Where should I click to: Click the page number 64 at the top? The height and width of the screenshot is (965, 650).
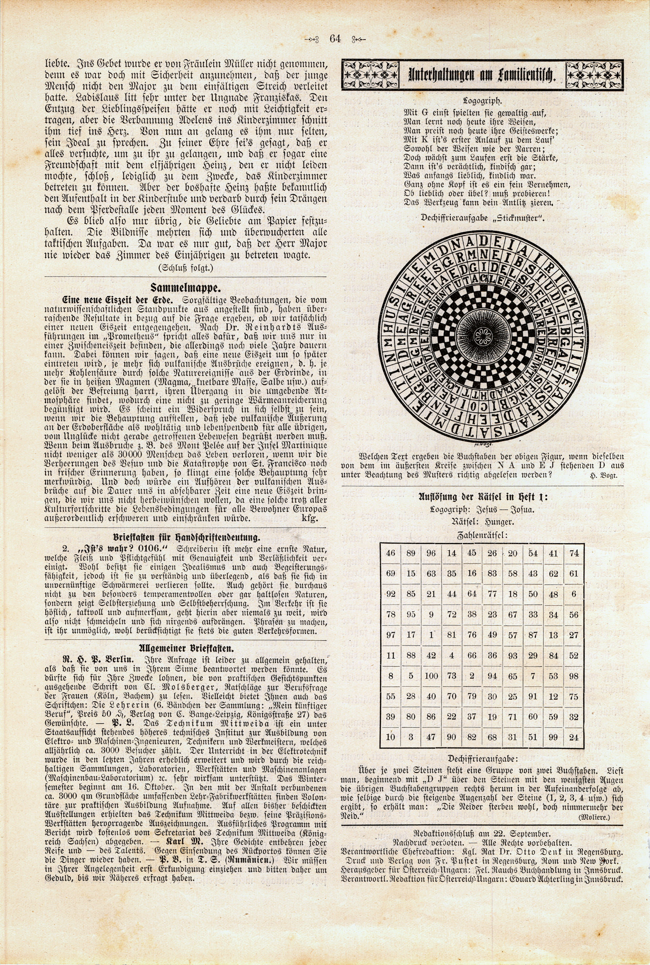click(x=335, y=39)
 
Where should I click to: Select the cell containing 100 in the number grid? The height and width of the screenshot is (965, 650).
click(x=431, y=676)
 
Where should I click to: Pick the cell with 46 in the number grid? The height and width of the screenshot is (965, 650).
click(x=391, y=553)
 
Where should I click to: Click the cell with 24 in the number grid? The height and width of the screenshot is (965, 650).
click(x=574, y=737)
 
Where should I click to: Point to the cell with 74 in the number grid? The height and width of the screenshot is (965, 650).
click(x=574, y=553)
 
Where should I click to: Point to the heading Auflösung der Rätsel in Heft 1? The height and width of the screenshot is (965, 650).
click(x=482, y=497)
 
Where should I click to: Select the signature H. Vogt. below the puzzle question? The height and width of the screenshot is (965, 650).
click(x=604, y=475)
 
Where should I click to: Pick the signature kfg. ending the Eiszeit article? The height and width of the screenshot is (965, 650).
click(x=310, y=519)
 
